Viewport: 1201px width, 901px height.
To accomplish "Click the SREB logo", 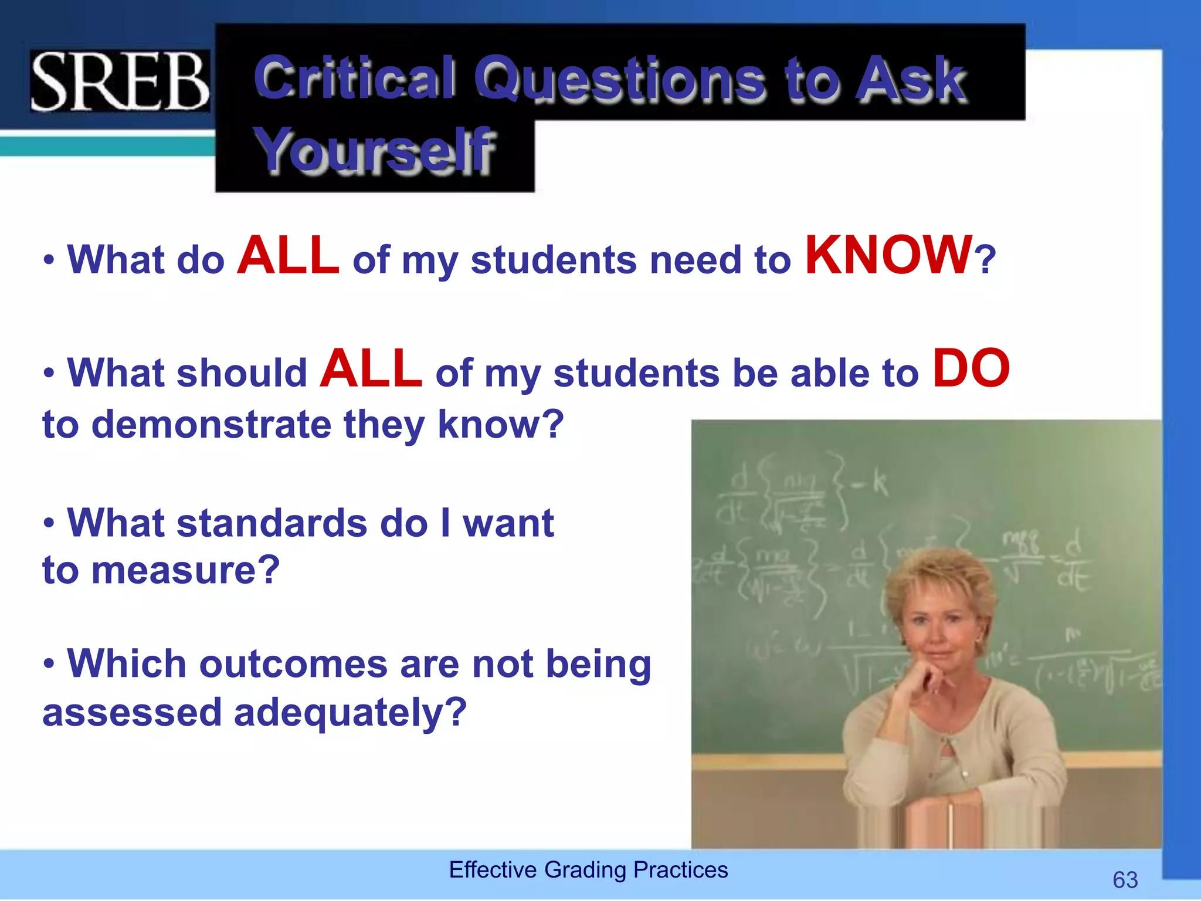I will [120, 81].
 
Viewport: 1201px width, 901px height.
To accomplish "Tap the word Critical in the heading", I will [355, 78].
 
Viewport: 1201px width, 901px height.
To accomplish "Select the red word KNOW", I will [888, 256].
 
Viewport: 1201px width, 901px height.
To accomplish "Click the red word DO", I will [971, 369].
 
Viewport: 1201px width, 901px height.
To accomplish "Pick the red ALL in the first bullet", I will [288, 256].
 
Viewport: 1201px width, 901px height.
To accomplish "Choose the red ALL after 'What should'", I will [371, 369].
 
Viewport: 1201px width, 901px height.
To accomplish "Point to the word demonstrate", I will [212, 424].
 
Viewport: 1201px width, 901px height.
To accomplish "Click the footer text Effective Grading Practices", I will [588, 869].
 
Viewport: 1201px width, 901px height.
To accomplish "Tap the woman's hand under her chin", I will [924, 680].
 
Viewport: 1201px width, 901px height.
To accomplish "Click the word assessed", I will [132, 713].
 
